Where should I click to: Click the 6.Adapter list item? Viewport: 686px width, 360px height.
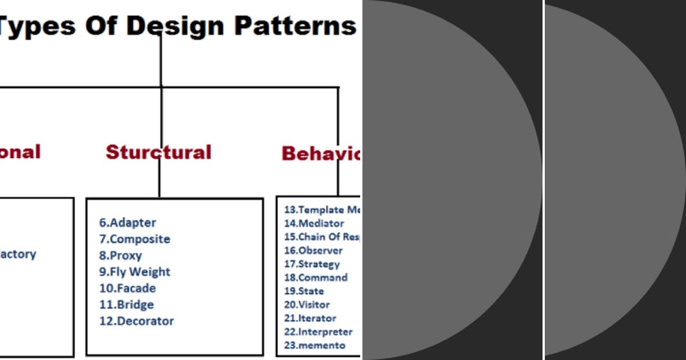pos(127,223)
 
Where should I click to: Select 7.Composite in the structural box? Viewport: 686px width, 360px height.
pos(134,239)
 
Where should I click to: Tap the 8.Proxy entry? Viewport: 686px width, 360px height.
pos(120,255)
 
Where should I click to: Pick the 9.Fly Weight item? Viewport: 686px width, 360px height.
pos(134,272)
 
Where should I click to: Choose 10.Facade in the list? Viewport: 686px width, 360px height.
pos(127,288)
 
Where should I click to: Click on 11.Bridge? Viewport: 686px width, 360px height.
pos(126,305)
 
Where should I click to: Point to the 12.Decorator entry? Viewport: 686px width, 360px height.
pos(137,321)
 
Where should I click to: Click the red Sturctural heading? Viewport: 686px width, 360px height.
pos(158,152)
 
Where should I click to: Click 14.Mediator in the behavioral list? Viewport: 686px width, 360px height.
pos(314,223)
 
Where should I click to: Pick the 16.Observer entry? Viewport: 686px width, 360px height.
pos(313,250)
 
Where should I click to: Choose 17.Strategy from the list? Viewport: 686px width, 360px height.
pos(312,264)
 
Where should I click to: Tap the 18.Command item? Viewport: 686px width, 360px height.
pos(316,278)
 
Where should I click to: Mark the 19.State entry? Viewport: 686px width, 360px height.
pos(304,291)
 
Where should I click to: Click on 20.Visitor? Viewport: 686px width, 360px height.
pos(306,305)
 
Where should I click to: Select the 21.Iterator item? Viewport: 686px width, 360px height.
pos(310,318)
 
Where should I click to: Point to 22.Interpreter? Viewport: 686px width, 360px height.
pos(318,332)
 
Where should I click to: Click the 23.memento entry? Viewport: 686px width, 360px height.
pos(314,345)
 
